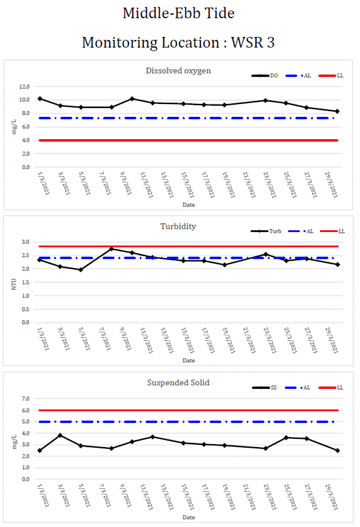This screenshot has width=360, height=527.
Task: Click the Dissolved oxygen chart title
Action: pos(178,71)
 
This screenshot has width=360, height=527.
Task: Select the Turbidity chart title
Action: pos(178,226)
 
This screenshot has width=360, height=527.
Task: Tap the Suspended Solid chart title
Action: pos(178,382)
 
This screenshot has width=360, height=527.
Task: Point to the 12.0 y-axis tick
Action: pos(25,86)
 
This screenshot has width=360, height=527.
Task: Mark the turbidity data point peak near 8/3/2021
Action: pos(112,249)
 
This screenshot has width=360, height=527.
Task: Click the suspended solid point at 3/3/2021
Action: pos(60,435)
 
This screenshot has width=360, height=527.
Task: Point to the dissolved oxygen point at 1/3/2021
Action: pos(39,99)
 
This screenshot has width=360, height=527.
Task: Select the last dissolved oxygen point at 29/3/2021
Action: pos(337,111)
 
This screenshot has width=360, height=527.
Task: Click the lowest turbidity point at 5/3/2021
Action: pos(80,270)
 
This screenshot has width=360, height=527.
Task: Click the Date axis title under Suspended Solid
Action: pos(188,518)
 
